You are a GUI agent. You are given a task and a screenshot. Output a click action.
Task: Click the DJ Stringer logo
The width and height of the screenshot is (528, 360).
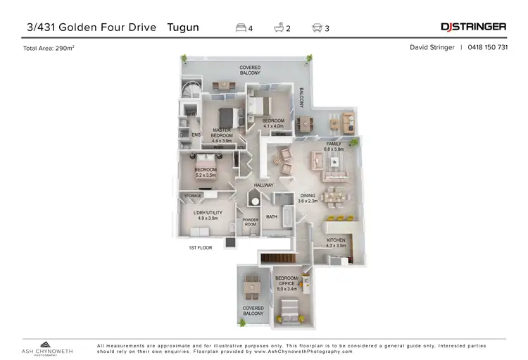click(473, 27)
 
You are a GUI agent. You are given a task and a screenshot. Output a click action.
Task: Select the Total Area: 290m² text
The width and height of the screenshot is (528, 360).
click(49, 48)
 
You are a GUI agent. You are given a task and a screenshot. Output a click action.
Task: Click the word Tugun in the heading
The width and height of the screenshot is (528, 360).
click(183, 27)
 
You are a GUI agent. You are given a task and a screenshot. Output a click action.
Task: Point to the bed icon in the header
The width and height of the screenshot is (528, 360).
click(241, 27)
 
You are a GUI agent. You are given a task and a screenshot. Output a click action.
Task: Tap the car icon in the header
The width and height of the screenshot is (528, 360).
click(318, 27)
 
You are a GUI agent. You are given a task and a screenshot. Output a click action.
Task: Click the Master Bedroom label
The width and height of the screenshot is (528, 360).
click(222, 134)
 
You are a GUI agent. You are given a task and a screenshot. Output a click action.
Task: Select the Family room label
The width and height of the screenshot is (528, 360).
click(333, 146)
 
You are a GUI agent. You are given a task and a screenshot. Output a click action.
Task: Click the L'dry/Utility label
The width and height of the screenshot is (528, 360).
click(208, 216)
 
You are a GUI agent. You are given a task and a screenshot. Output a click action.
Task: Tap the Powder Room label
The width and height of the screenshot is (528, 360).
click(250, 223)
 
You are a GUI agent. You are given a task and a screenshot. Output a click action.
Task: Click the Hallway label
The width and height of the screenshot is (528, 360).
click(264, 185)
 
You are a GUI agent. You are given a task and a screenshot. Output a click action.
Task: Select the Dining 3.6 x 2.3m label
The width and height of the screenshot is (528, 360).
click(308, 198)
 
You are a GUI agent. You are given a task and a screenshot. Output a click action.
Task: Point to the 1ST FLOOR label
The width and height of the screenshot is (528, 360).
click(200, 248)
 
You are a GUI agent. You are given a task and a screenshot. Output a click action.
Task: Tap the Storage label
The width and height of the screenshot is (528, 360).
click(193, 196)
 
